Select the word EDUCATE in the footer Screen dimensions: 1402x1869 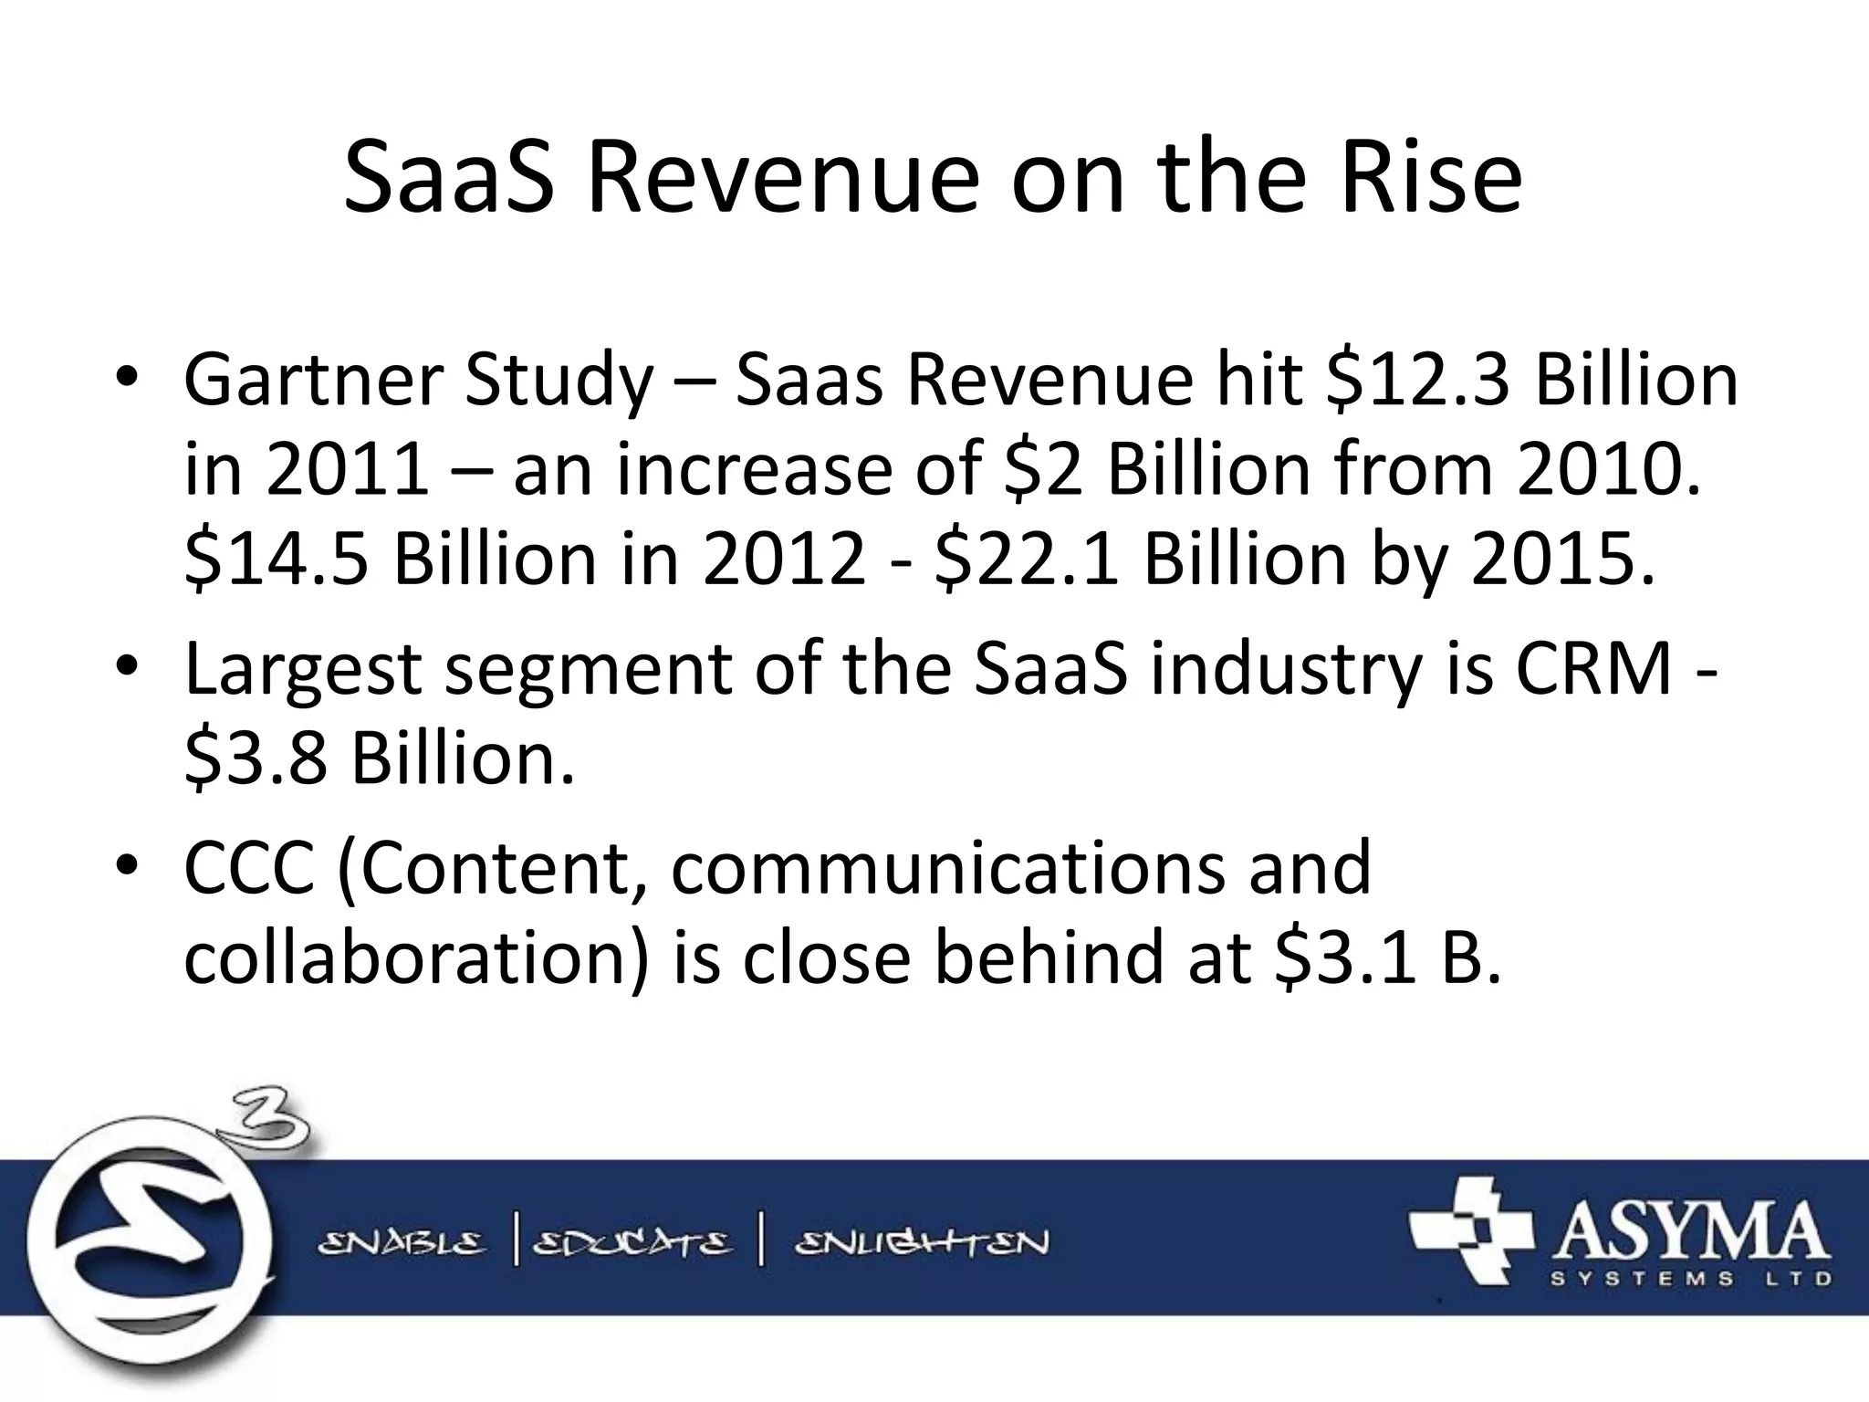[632, 1243]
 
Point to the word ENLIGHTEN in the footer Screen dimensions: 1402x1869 [922, 1243]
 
